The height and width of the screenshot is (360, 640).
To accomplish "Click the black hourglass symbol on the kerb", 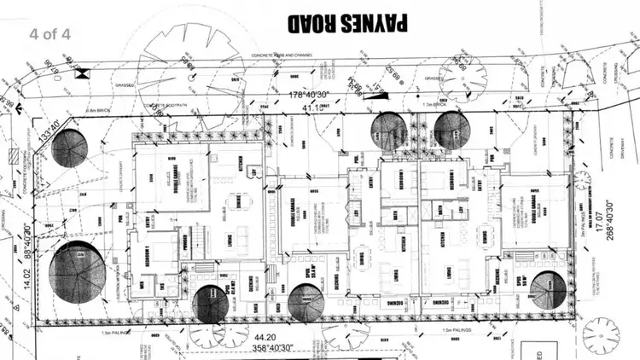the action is coord(82,74).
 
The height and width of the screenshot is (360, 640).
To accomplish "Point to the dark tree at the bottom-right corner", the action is coord(548,290).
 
